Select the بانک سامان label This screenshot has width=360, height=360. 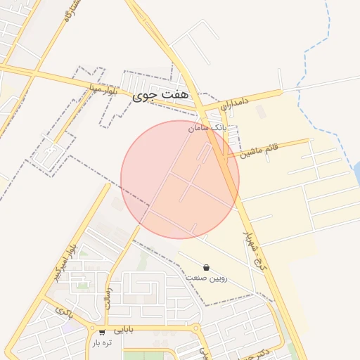pyautogui.click(x=206, y=128)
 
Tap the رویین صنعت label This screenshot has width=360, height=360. pyautogui.click(x=206, y=278)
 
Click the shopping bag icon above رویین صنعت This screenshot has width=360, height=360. pyautogui.click(x=205, y=267)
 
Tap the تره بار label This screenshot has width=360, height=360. pyautogui.click(x=102, y=342)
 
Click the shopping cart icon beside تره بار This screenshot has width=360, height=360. pyautogui.click(x=103, y=332)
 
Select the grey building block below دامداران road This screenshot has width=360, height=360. pyautogui.click(x=261, y=111)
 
